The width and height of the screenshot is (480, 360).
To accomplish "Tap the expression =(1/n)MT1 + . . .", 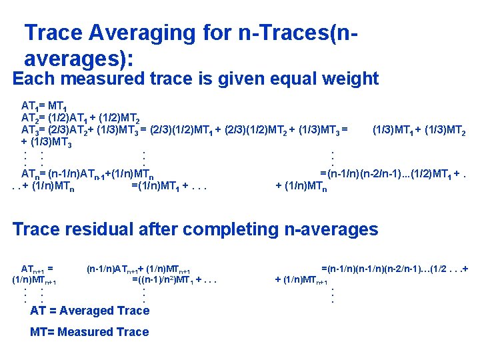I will click(169, 186).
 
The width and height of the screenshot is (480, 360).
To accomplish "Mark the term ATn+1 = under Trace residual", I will click(37, 269).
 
